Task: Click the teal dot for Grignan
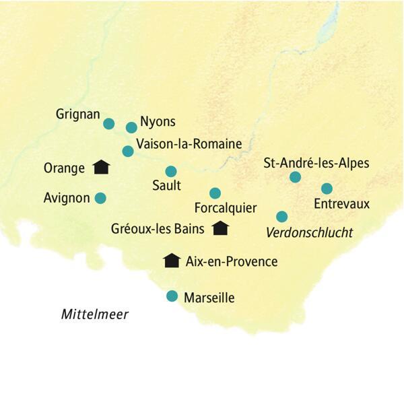pyautogui.click(x=108, y=123)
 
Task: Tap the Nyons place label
pyautogui.click(x=158, y=122)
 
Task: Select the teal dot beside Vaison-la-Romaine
pyautogui.click(x=128, y=151)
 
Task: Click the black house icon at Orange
pyautogui.click(x=101, y=167)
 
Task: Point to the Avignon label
pyautogui.click(x=66, y=199)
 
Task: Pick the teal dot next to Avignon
pyautogui.click(x=100, y=198)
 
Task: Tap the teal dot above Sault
pyautogui.click(x=171, y=171)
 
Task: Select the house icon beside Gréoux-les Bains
pyautogui.click(x=220, y=228)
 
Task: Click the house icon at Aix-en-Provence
pyautogui.click(x=172, y=260)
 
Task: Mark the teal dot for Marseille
pyautogui.click(x=172, y=296)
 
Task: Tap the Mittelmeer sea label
pyautogui.click(x=94, y=314)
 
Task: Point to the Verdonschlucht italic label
pyautogui.click(x=310, y=233)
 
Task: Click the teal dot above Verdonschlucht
pyautogui.click(x=282, y=216)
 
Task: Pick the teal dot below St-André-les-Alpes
pyautogui.click(x=294, y=177)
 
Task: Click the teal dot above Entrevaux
pyautogui.click(x=327, y=189)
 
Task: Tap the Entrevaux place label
pyautogui.click(x=342, y=203)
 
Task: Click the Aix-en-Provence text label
pyautogui.click(x=231, y=261)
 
